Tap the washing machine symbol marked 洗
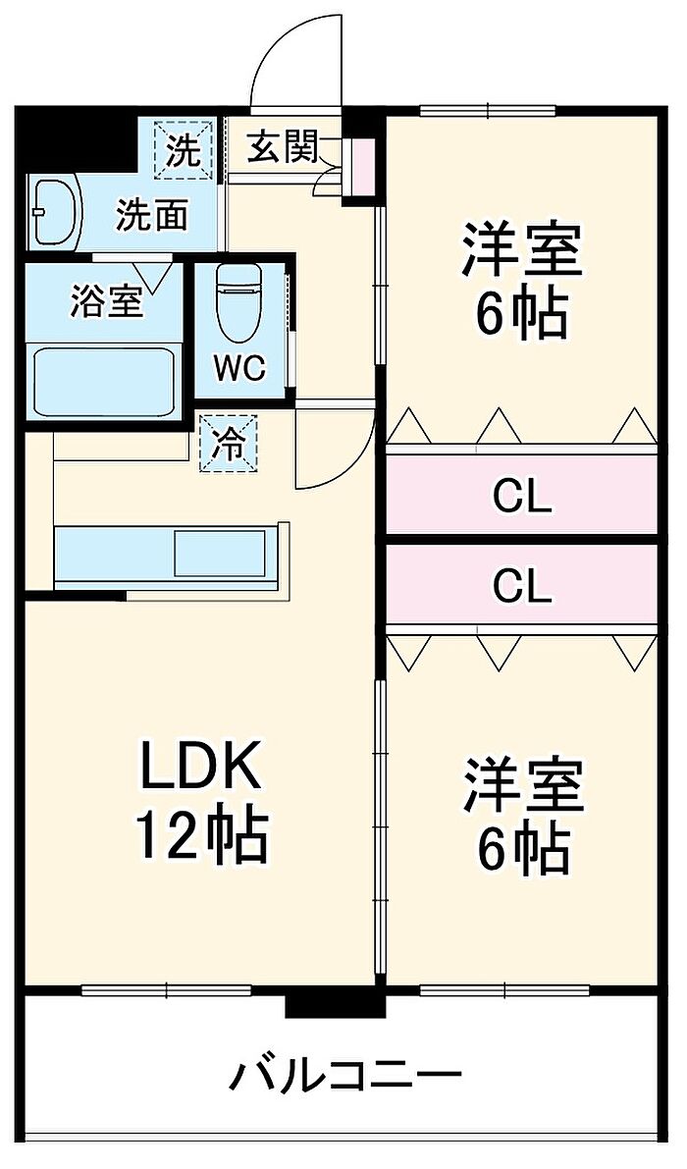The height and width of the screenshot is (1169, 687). point(184,149)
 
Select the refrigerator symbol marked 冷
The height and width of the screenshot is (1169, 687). point(229,444)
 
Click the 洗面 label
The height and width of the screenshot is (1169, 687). point(152,214)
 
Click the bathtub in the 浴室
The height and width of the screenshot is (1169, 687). point(104,381)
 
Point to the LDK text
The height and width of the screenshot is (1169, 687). point(201,768)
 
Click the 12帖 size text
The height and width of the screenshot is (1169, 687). point(201,835)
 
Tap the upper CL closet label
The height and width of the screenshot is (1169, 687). point(522,499)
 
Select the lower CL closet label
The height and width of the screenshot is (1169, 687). point(522,586)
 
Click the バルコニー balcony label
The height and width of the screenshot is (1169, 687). point(344,1077)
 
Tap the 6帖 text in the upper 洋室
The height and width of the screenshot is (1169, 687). point(522,315)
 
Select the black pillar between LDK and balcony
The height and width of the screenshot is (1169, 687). point(335,1004)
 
